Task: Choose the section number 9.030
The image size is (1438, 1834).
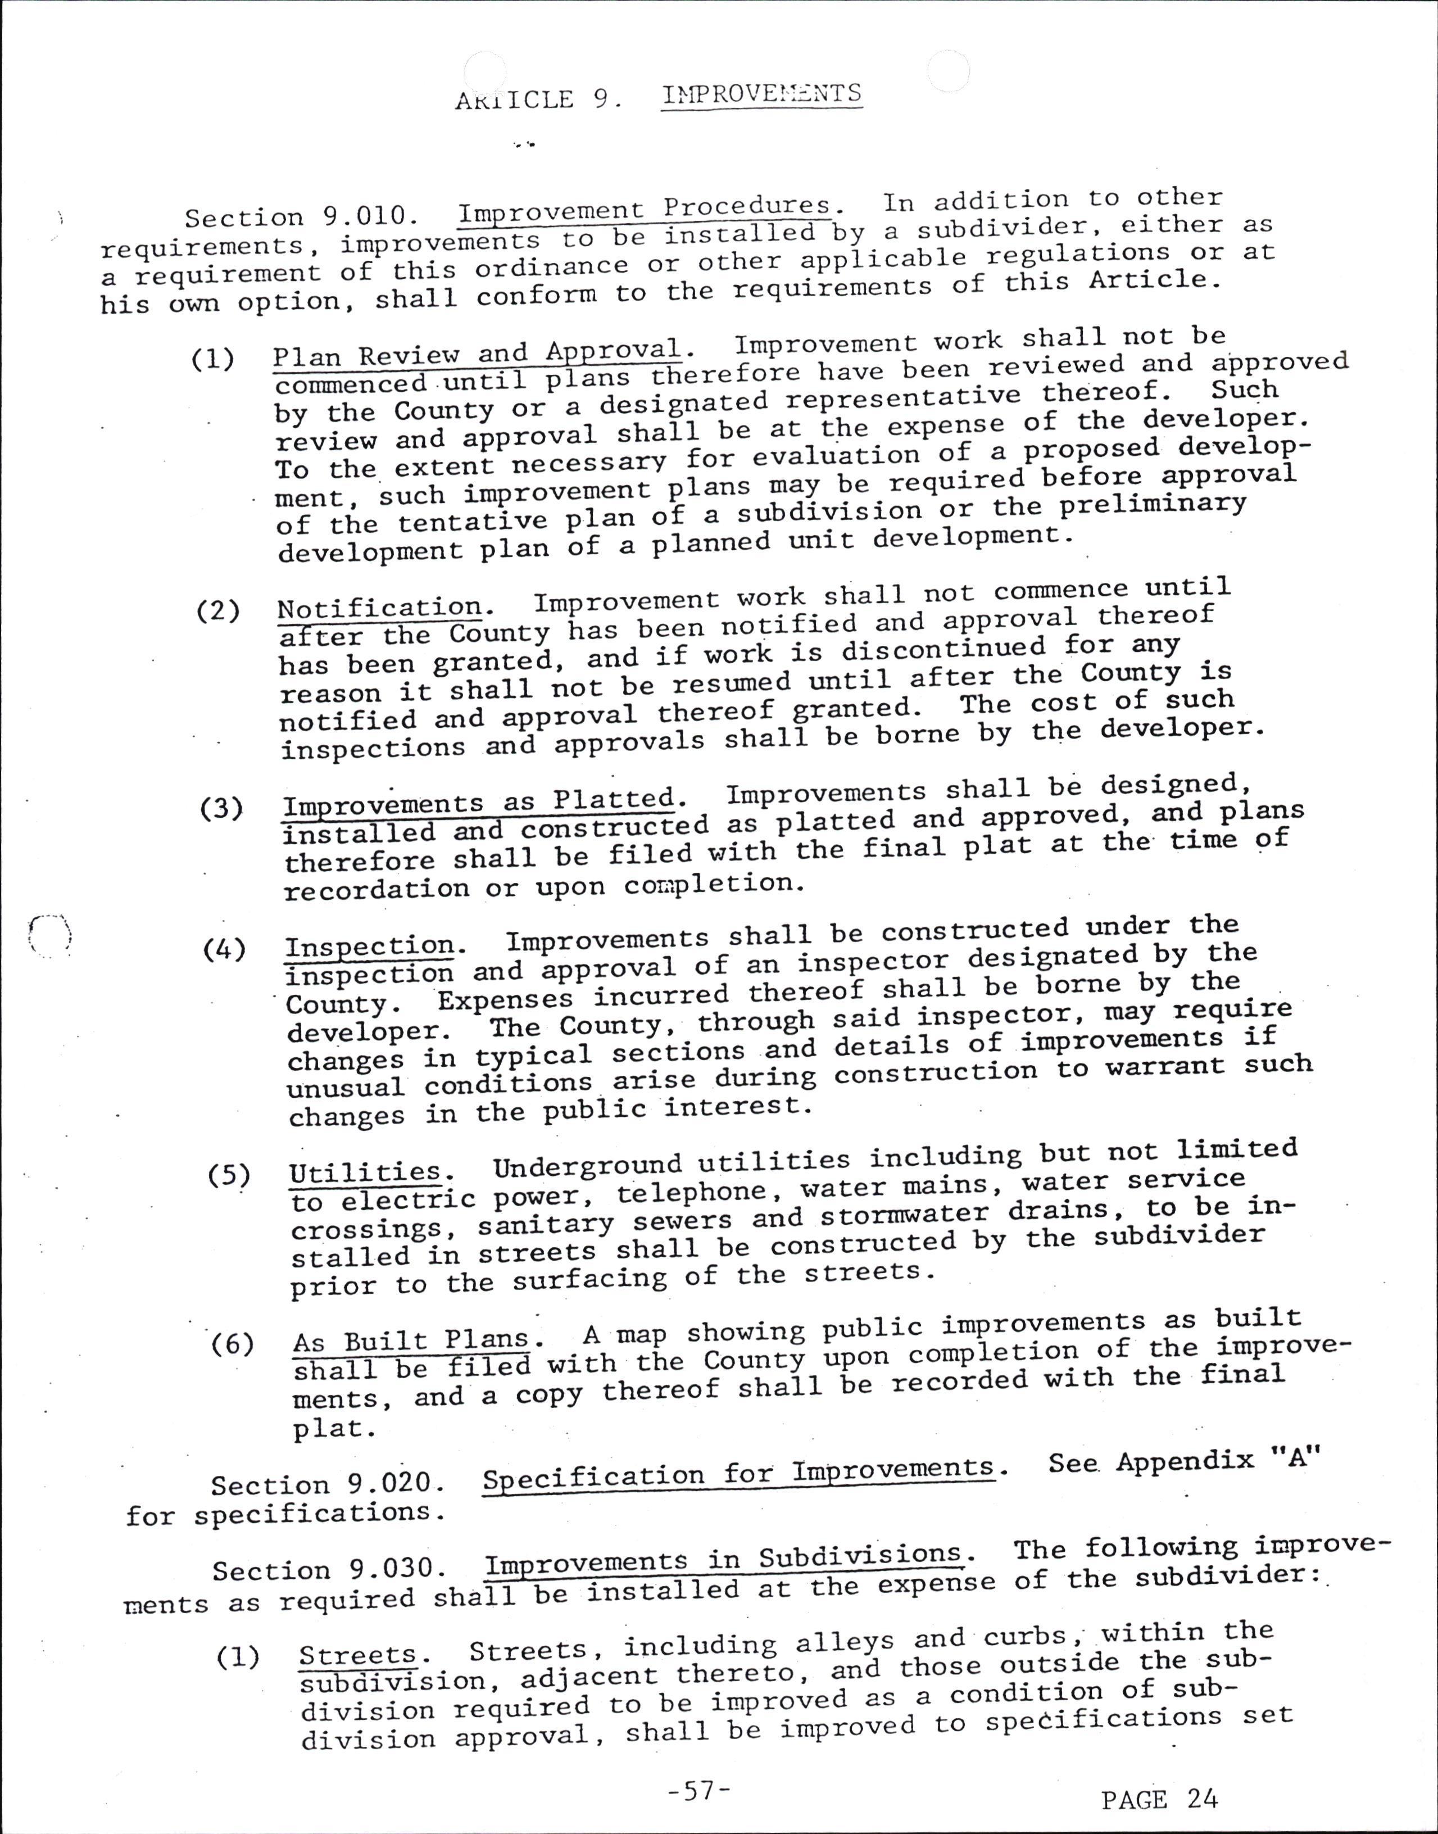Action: [397, 1569]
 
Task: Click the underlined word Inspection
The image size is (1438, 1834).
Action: [370, 945]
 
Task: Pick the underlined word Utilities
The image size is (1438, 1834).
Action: [365, 1172]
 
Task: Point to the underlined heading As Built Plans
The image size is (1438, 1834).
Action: [411, 1339]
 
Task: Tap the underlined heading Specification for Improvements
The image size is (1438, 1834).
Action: [738, 1472]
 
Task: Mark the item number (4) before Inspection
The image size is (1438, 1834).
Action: [224, 950]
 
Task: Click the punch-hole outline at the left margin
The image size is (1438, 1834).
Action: [49, 935]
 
